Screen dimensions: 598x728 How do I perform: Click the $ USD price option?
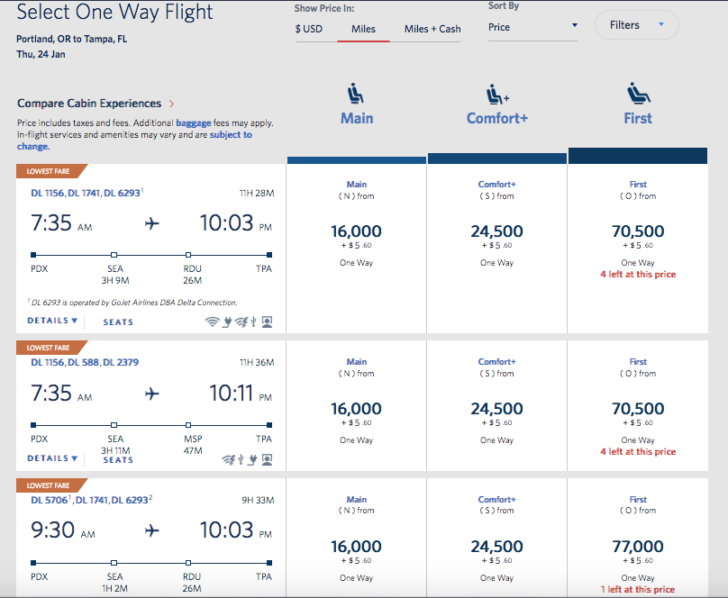308,29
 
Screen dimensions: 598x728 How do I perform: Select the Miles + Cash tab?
432,29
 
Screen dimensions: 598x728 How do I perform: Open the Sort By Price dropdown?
532,27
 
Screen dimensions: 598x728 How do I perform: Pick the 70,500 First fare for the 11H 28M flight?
638,231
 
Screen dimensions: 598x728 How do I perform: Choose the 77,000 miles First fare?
638,547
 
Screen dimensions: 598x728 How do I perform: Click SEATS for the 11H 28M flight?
118,322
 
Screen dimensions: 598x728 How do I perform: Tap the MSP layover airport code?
192,439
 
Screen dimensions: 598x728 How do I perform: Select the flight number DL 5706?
49,500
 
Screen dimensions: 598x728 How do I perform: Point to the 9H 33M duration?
257,500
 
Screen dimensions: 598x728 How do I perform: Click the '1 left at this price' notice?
638,590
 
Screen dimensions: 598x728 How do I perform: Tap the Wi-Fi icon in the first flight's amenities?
213,322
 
